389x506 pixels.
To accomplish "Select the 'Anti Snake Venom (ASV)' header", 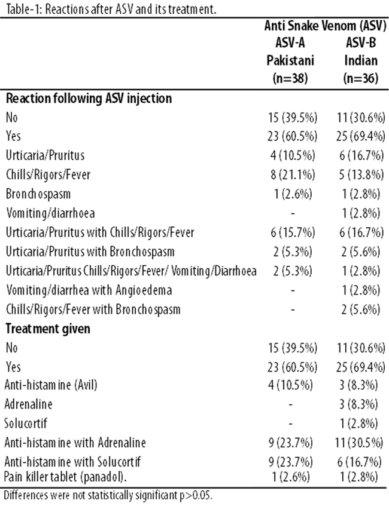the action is [326, 26].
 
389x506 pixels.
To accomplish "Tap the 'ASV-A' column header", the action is [290, 42].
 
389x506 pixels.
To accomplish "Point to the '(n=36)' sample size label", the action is [361, 78].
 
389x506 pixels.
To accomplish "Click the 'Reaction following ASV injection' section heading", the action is [89, 98].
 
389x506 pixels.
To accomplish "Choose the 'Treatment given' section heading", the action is [48, 329].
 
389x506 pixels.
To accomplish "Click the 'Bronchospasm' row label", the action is [38, 194].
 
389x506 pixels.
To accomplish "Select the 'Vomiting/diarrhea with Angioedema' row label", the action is [89, 290].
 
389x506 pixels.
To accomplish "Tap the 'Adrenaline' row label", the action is [29, 404].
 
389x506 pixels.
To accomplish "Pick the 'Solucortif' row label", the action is [26, 423].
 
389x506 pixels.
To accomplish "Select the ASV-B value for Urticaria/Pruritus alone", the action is [361, 155].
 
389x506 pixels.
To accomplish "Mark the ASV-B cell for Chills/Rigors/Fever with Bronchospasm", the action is [361, 309].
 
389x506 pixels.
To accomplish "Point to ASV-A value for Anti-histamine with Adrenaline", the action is [290, 443].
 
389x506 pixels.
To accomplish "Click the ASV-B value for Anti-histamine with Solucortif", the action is [359, 462].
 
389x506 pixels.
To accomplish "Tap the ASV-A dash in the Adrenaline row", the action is [290, 404].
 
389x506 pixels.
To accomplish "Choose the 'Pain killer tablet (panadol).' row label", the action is [65, 477].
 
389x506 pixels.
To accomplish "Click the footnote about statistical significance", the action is [108, 495].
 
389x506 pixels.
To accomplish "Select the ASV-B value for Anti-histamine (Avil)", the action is [358, 385].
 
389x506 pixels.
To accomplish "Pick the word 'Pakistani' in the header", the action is [290, 60].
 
